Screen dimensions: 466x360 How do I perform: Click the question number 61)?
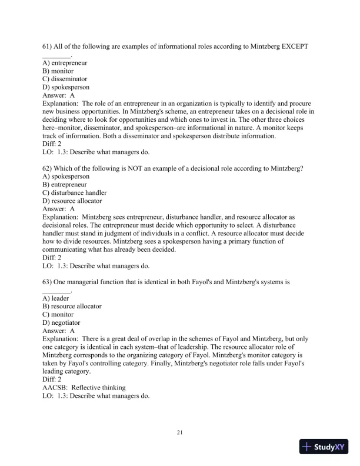[x=49, y=46]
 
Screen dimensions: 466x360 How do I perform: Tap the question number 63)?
[x=49, y=282]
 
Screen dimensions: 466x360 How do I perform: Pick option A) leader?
[x=56, y=298]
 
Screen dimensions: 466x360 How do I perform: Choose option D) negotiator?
[x=62, y=322]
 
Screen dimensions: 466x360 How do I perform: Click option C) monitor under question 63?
[x=59, y=315]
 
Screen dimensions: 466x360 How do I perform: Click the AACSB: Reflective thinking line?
[x=84, y=388]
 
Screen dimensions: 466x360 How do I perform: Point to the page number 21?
[x=180, y=433]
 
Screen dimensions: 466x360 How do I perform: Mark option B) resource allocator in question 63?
[x=72, y=307]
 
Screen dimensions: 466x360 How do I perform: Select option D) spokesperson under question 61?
[x=66, y=86]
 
